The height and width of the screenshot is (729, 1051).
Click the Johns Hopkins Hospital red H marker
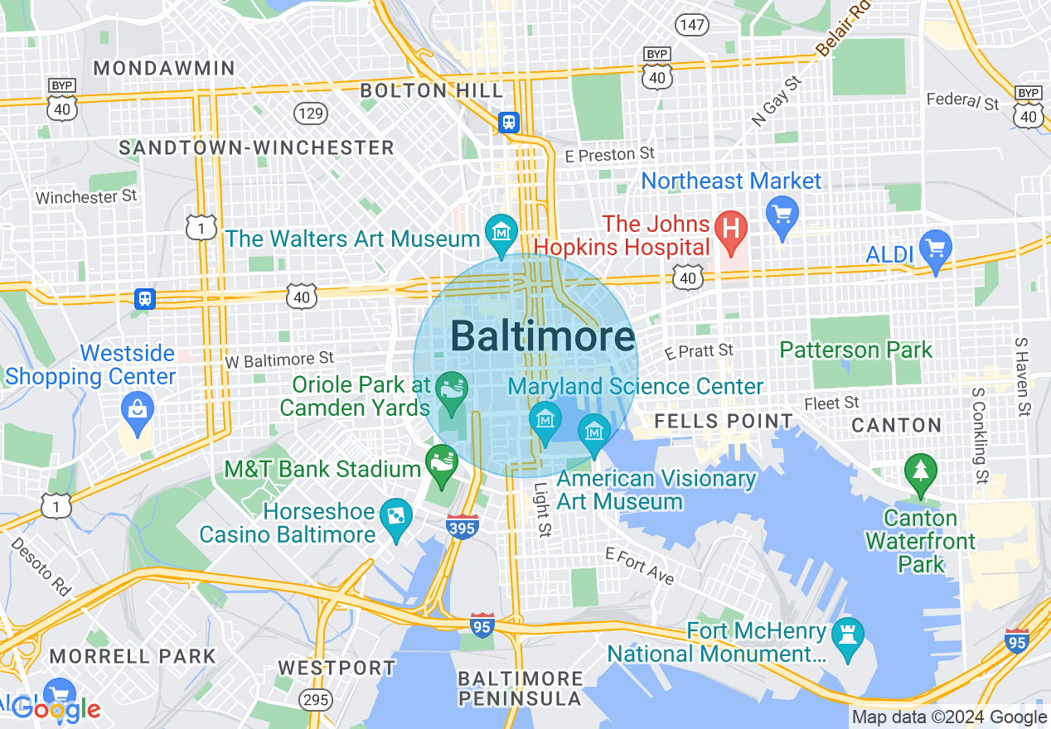click(731, 225)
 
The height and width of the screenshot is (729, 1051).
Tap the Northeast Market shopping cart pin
click(782, 211)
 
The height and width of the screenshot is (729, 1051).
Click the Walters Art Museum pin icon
click(501, 231)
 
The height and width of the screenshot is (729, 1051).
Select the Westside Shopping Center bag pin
click(137, 408)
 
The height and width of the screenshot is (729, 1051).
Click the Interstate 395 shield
click(462, 527)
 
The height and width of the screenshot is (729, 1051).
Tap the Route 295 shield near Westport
click(316, 700)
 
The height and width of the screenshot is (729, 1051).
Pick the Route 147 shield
click(690, 24)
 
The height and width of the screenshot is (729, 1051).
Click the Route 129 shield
click(311, 113)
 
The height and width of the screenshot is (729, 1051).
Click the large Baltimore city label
click(543, 337)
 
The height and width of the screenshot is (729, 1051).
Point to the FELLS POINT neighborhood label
click(724, 421)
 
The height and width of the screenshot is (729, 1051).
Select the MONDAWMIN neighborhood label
click(164, 68)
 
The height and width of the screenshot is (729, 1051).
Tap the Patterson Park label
click(856, 350)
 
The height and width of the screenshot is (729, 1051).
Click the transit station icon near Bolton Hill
click(509, 123)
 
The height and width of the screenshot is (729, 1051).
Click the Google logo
click(56, 708)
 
